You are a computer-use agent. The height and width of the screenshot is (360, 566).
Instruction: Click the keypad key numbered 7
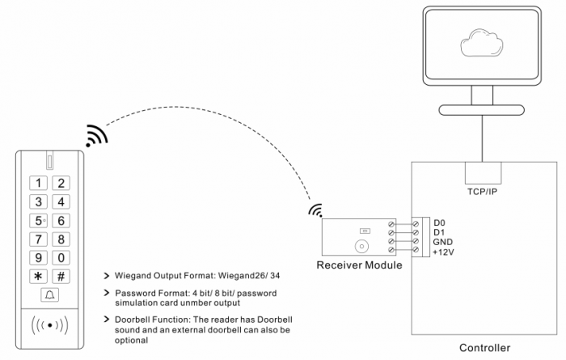point(37,239)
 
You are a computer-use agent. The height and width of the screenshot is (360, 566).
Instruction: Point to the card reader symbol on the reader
point(49,328)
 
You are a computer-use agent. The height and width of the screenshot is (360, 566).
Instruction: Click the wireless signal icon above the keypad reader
point(96,136)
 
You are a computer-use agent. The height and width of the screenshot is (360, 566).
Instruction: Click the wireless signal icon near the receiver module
point(315,212)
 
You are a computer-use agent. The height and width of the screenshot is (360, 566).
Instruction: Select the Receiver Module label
point(359,265)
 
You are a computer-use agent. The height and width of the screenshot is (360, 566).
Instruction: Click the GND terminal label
point(443,242)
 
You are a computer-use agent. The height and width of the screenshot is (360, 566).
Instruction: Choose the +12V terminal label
point(445,252)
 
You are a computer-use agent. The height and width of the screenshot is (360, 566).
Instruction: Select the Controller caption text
point(485,348)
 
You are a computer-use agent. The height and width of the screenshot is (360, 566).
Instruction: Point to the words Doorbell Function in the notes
point(151,320)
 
